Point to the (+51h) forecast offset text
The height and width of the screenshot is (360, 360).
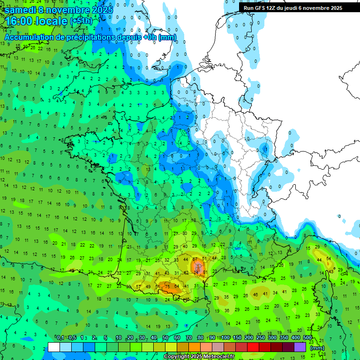point(81,21)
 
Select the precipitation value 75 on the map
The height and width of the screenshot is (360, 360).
point(167,287)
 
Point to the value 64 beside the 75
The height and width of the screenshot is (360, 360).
point(177,286)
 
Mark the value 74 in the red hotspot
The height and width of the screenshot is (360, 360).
point(196,272)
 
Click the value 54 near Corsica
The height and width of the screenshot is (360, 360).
point(329,259)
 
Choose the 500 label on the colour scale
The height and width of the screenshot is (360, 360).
point(307,338)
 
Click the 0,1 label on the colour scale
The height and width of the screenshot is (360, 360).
point(60,338)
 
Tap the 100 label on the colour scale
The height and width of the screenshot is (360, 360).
point(225,338)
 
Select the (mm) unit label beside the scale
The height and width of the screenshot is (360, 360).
point(317,348)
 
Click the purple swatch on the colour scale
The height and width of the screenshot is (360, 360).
point(300,347)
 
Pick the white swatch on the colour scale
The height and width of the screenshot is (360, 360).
point(54,347)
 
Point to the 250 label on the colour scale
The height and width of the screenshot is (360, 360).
point(261,338)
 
